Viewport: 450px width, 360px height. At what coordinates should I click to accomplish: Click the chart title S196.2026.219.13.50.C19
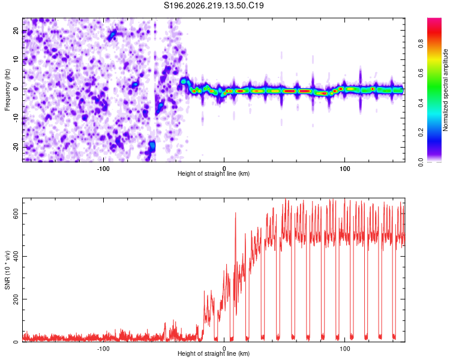pos(214,5)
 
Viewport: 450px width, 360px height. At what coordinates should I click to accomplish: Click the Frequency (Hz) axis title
pos(7,90)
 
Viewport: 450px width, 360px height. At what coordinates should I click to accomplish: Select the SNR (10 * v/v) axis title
pos(7,270)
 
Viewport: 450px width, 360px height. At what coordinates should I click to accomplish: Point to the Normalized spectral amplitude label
pos(445,90)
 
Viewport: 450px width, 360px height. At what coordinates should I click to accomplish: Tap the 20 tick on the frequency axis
pos(16,31)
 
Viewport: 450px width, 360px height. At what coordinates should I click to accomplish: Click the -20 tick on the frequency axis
pos(16,147)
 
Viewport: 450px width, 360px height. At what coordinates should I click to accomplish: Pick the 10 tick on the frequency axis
pos(16,60)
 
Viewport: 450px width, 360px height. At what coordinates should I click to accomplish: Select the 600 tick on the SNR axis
pos(16,214)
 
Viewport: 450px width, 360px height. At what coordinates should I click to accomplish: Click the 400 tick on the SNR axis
pos(16,256)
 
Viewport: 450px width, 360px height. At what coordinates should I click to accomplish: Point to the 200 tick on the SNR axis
pos(16,299)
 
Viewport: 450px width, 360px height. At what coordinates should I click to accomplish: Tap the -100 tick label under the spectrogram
pos(103,169)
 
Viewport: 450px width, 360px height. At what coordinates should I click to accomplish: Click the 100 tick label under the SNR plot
pos(344,349)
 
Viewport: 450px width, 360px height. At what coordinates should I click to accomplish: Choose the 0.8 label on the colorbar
pos(421,44)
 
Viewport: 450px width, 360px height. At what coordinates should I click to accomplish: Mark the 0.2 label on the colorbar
pos(421,133)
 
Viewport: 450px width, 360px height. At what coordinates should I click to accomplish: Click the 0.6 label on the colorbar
pos(421,73)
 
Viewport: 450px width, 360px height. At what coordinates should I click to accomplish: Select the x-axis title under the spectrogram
pos(214,173)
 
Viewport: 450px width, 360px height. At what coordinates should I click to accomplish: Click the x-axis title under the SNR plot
pos(214,353)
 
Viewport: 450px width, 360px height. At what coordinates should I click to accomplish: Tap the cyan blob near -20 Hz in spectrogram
pos(152,146)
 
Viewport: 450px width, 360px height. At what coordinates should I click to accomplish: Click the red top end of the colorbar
pos(434,19)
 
